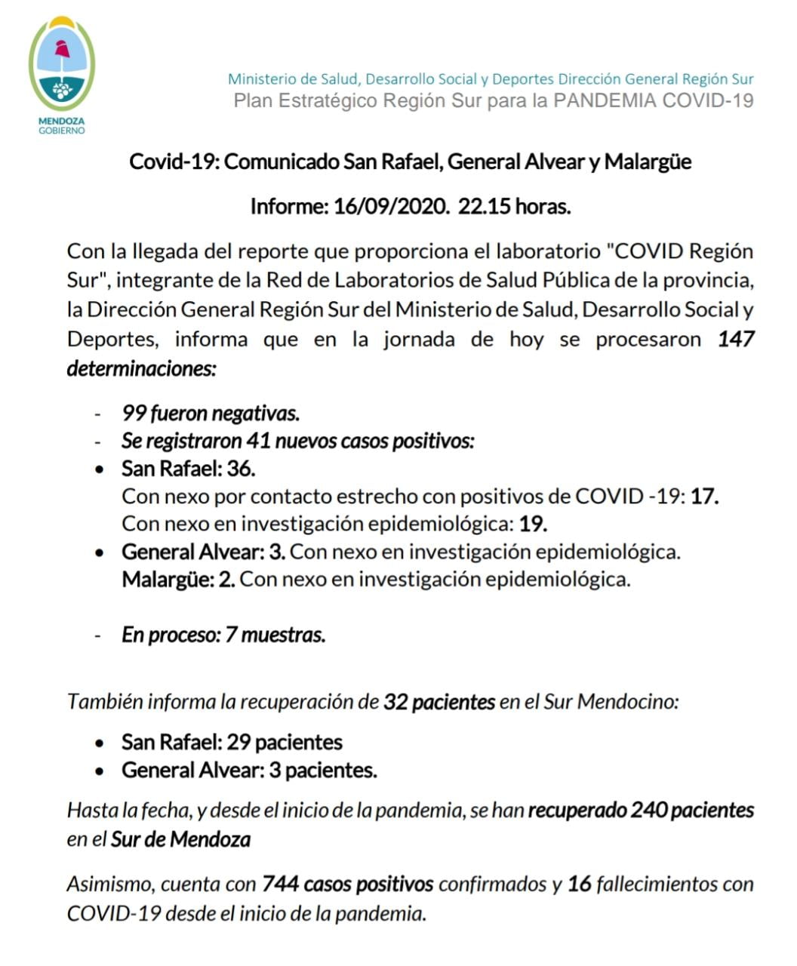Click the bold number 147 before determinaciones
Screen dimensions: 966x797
[736, 339]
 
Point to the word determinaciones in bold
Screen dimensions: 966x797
[142, 369]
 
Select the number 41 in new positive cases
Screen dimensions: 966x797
[258, 441]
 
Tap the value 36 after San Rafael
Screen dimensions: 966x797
[241, 469]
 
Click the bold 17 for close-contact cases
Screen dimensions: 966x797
[704, 497]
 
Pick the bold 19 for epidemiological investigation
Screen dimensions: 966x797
[533, 524]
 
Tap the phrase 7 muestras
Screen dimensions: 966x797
[275, 635]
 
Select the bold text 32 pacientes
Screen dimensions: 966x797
[439, 702]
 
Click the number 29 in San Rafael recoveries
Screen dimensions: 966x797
[238, 743]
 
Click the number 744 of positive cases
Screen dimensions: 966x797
[280, 884]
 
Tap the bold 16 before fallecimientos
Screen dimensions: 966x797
[579, 884]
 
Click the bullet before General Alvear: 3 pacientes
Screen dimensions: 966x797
[100, 771]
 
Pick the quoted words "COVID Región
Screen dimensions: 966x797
[679, 251]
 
